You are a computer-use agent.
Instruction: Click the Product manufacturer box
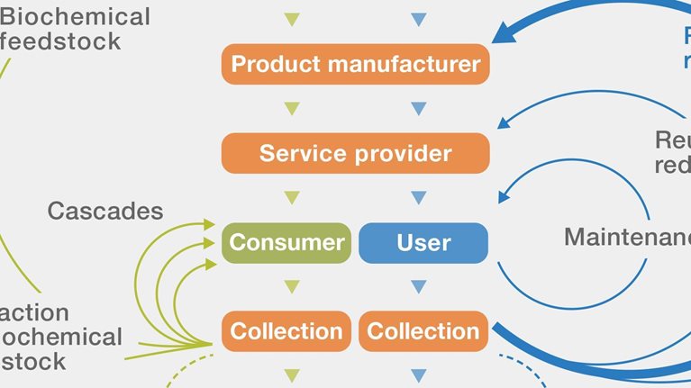356,65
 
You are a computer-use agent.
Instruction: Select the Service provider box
356,153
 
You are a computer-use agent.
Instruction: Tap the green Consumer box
286,242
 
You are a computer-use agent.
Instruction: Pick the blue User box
423,242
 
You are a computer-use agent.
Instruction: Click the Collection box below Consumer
286,330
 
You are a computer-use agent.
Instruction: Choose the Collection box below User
423,330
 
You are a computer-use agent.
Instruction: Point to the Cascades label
105,211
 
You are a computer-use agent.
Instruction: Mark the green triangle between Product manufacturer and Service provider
291,109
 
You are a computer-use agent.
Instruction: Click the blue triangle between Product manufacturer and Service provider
418,109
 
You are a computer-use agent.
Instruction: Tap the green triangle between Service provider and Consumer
291,197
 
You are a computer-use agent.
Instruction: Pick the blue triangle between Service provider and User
418,197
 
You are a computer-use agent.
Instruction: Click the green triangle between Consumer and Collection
291,286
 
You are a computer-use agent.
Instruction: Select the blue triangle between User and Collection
418,286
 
